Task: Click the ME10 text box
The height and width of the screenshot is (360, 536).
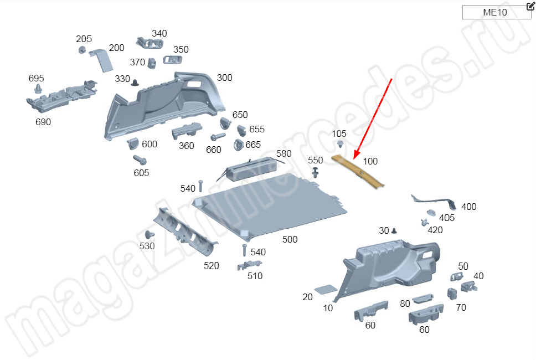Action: pos(496,12)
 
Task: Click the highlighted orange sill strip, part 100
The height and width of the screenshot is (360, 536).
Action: pos(358,171)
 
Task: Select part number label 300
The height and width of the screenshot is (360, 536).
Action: pos(225,78)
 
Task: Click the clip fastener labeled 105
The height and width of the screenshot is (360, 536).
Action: pos(341,143)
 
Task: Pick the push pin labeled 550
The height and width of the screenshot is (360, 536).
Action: pos(315,172)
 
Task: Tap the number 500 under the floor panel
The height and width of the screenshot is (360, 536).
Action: pos(290,239)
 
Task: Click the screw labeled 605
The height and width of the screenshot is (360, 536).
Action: pos(140,160)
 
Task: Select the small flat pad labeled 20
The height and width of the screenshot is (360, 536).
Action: pos(326,290)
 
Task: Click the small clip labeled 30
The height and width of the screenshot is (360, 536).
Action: pos(394,231)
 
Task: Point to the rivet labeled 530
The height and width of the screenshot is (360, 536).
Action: pos(150,234)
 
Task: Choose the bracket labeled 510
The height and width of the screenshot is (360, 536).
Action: pos(250,265)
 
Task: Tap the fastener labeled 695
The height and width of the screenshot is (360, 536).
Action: pos(38,89)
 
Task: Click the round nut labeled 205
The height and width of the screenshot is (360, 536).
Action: pos(82,50)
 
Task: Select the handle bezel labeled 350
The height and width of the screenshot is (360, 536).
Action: pos(172,59)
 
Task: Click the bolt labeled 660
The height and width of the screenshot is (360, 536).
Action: pos(218,137)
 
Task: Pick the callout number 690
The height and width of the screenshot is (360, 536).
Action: pos(43,122)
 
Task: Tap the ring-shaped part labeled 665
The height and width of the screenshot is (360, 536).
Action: pos(238,145)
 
